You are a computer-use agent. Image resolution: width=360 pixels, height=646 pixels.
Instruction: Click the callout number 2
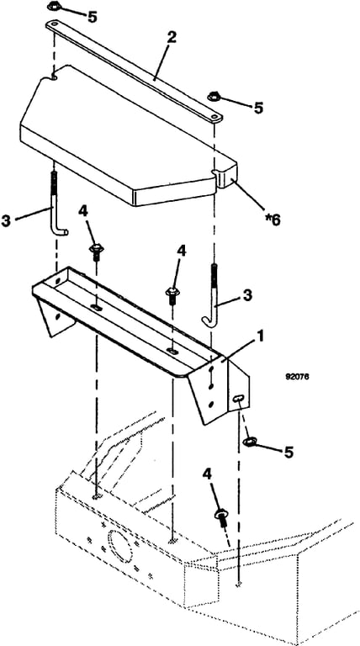172,37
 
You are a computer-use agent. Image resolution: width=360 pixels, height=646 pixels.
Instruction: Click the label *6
273,220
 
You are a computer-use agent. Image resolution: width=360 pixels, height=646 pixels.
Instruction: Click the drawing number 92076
298,376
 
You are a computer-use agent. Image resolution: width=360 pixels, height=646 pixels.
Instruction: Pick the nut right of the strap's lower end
214,98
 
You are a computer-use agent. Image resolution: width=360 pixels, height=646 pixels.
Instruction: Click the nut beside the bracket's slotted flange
250,442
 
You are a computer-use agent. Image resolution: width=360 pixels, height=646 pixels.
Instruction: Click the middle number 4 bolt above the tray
172,295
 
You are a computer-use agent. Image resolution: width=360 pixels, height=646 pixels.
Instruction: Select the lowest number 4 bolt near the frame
220,516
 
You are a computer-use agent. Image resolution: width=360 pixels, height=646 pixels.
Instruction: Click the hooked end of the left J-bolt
61,232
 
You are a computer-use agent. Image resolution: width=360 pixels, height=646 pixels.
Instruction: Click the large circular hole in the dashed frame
119,542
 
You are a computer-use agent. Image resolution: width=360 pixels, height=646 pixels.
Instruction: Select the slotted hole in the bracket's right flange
238,399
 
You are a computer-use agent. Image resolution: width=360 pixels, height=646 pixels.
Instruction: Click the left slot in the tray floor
97,308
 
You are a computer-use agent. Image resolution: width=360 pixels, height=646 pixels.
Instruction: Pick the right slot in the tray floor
173,352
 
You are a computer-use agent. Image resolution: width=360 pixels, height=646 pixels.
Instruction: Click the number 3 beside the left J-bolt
6,221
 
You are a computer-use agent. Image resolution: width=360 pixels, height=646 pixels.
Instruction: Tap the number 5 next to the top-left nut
92,17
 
